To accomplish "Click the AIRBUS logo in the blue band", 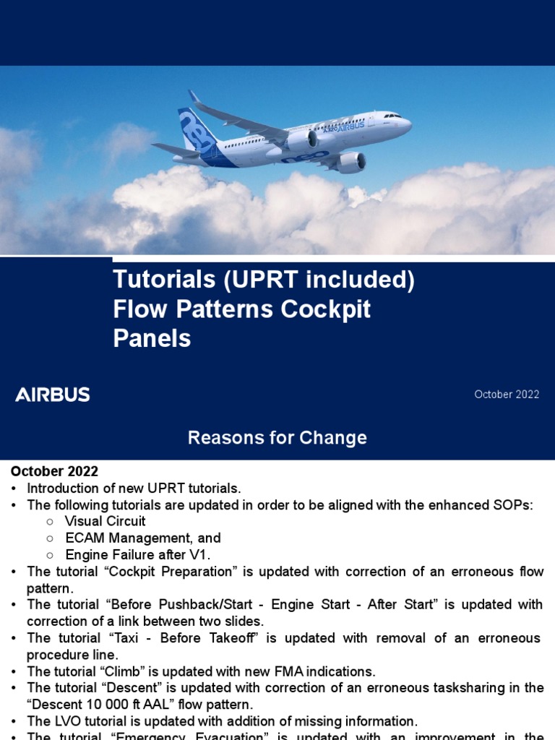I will point(53,395).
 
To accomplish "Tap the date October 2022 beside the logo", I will point(507,395).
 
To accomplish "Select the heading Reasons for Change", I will point(277,438).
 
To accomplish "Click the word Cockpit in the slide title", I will point(325,309).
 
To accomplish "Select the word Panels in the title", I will point(152,338).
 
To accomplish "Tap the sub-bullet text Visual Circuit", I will point(105,521).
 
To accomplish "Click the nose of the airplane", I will point(408,124).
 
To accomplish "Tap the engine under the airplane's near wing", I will point(350,163).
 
